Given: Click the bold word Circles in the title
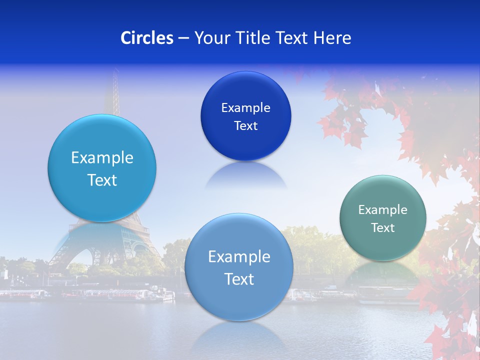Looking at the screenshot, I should click(x=147, y=38).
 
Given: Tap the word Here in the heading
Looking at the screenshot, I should click(x=332, y=38).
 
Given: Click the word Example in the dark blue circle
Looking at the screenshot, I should click(x=245, y=108).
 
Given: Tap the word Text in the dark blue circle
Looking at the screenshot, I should click(x=245, y=126).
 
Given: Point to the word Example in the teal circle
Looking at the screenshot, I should click(x=382, y=210).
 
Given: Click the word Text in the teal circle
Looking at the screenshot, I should click(x=382, y=228).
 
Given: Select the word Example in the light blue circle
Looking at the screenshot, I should click(x=102, y=158).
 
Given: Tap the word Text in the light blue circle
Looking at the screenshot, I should click(x=102, y=180).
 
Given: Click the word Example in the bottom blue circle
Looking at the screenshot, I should click(x=239, y=257).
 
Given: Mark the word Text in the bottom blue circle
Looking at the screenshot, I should click(x=239, y=279).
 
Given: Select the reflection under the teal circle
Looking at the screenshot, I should click(x=382, y=272).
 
